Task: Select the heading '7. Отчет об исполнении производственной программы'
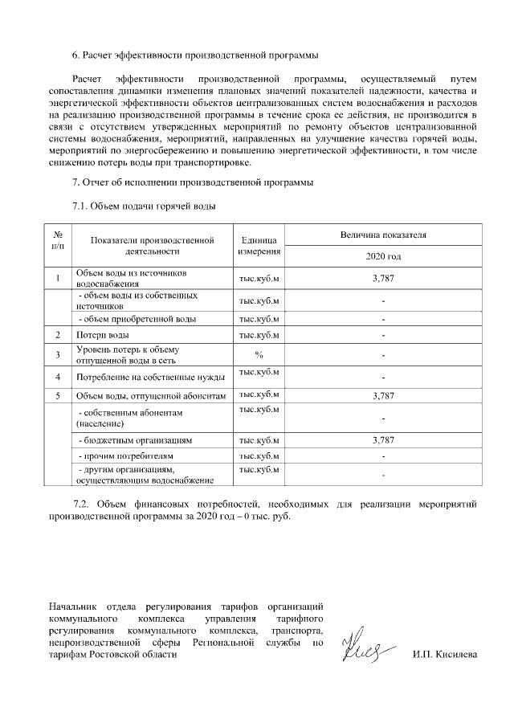click(x=193, y=183)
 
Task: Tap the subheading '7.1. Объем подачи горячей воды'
click(x=144, y=206)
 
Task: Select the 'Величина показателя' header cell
click(x=383, y=235)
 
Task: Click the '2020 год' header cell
click(x=383, y=257)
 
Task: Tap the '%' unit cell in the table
click(x=259, y=354)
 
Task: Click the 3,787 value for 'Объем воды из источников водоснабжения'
click(x=383, y=278)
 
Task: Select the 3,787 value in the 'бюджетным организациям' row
click(x=383, y=440)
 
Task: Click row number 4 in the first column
click(x=59, y=376)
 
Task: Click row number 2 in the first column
click(x=59, y=334)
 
